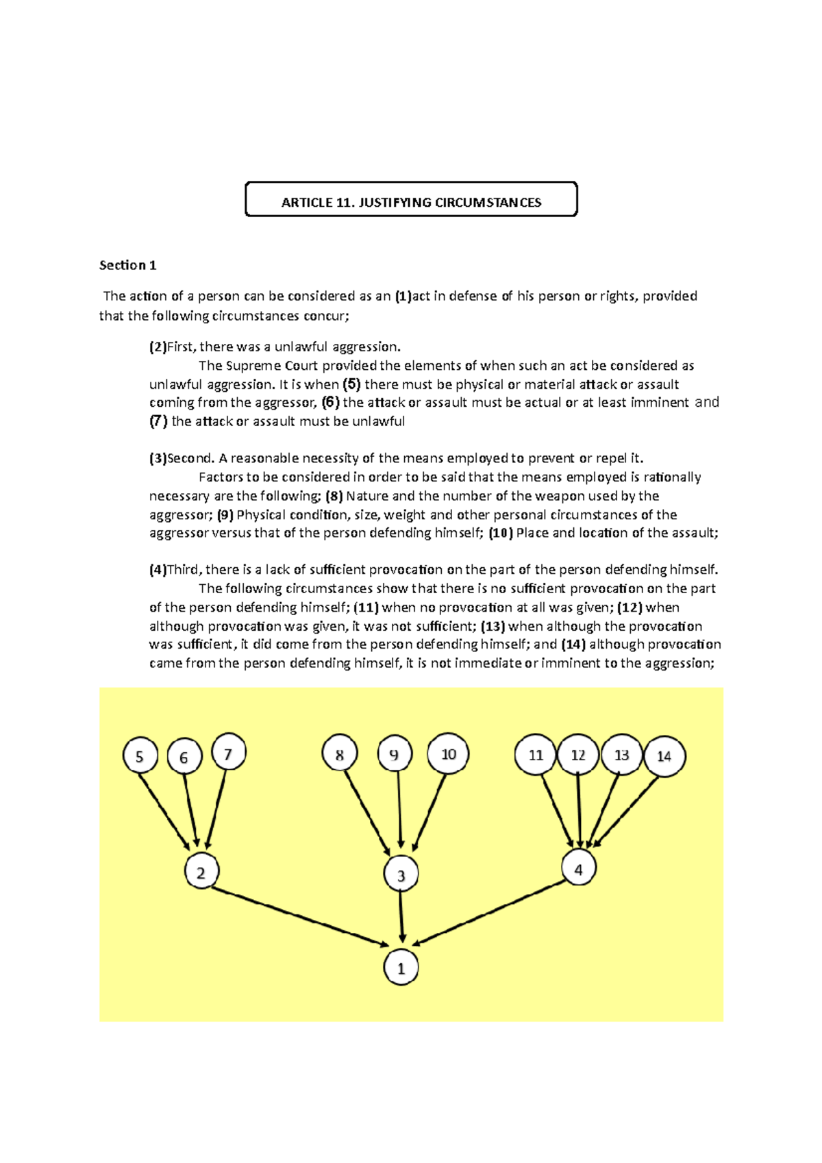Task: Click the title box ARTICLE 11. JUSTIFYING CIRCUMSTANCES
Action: pyautogui.click(x=411, y=199)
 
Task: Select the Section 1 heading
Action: pyautogui.click(x=128, y=265)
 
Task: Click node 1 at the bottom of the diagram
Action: pyautogui.click(x=401, y=968)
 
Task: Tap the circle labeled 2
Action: pyautogui.click(x=201, y=872)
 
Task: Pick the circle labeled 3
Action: pyautogui.click(x=401, y=875)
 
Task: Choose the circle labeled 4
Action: pyautogui.click(x=579, y=868)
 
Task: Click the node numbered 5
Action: pyautogui.click(x=140, y=756)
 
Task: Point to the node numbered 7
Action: pyautogui.click(x=228, y=753)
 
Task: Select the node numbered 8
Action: pyautogui.click(x=340, y=754)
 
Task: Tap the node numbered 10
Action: pyautogui.click(x=448, y=753)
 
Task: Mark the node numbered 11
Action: pyautogui.click(x=536, y=755)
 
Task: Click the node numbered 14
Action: pyautogui.click(x=664, y=756)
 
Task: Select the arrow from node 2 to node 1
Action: pyautogui.click(x=299, y=916)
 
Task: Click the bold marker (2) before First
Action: pyautogui.click(x=158, y=347)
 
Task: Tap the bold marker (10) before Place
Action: pyautogui.click(x=501, y=533)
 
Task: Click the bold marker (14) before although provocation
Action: pyautogui.click(x=573, y=644)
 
